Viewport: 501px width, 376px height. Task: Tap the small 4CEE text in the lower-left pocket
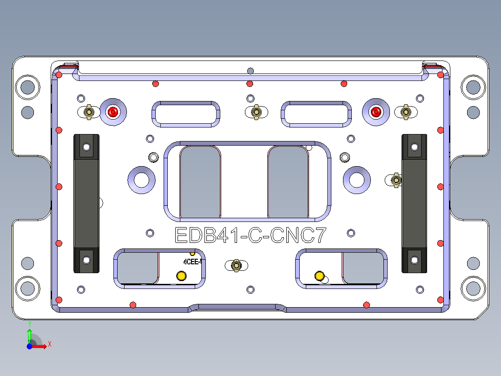tap(191, 262)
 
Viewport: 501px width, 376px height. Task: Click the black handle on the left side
tap(86, 203)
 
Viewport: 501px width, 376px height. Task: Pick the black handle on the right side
tap(414, 203)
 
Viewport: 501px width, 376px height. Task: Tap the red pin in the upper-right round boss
tap(376, 112)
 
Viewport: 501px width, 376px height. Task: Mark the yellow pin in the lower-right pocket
tap(319, 276)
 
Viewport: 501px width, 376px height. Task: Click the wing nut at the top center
tap(255, 112)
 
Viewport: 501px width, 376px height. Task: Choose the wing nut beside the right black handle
tap(396, 180)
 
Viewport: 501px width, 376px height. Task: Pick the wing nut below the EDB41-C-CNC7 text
tap(236, 265)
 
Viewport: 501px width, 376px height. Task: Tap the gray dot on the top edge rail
tap(250, 71)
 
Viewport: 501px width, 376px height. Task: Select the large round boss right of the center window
tap(357, 180)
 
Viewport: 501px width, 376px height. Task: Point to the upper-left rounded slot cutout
tap(185, 114)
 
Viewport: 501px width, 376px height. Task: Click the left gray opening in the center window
tap(200, 181)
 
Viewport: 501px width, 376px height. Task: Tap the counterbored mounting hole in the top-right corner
tap(473, 87)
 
